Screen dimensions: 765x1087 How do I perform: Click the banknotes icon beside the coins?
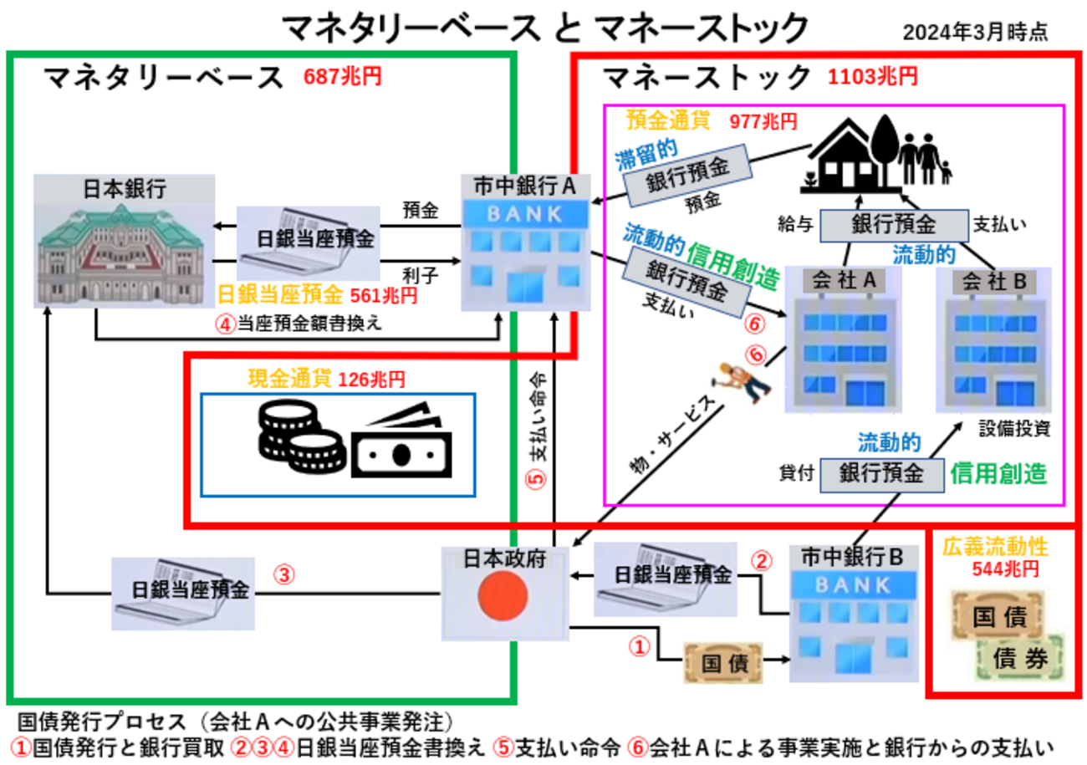(x=400, y=446)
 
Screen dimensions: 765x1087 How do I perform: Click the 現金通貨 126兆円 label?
(x=326, y=379)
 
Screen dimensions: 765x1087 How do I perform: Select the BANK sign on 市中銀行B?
(x=853, y=584)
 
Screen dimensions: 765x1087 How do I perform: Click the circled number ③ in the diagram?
(x=285, y=574)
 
